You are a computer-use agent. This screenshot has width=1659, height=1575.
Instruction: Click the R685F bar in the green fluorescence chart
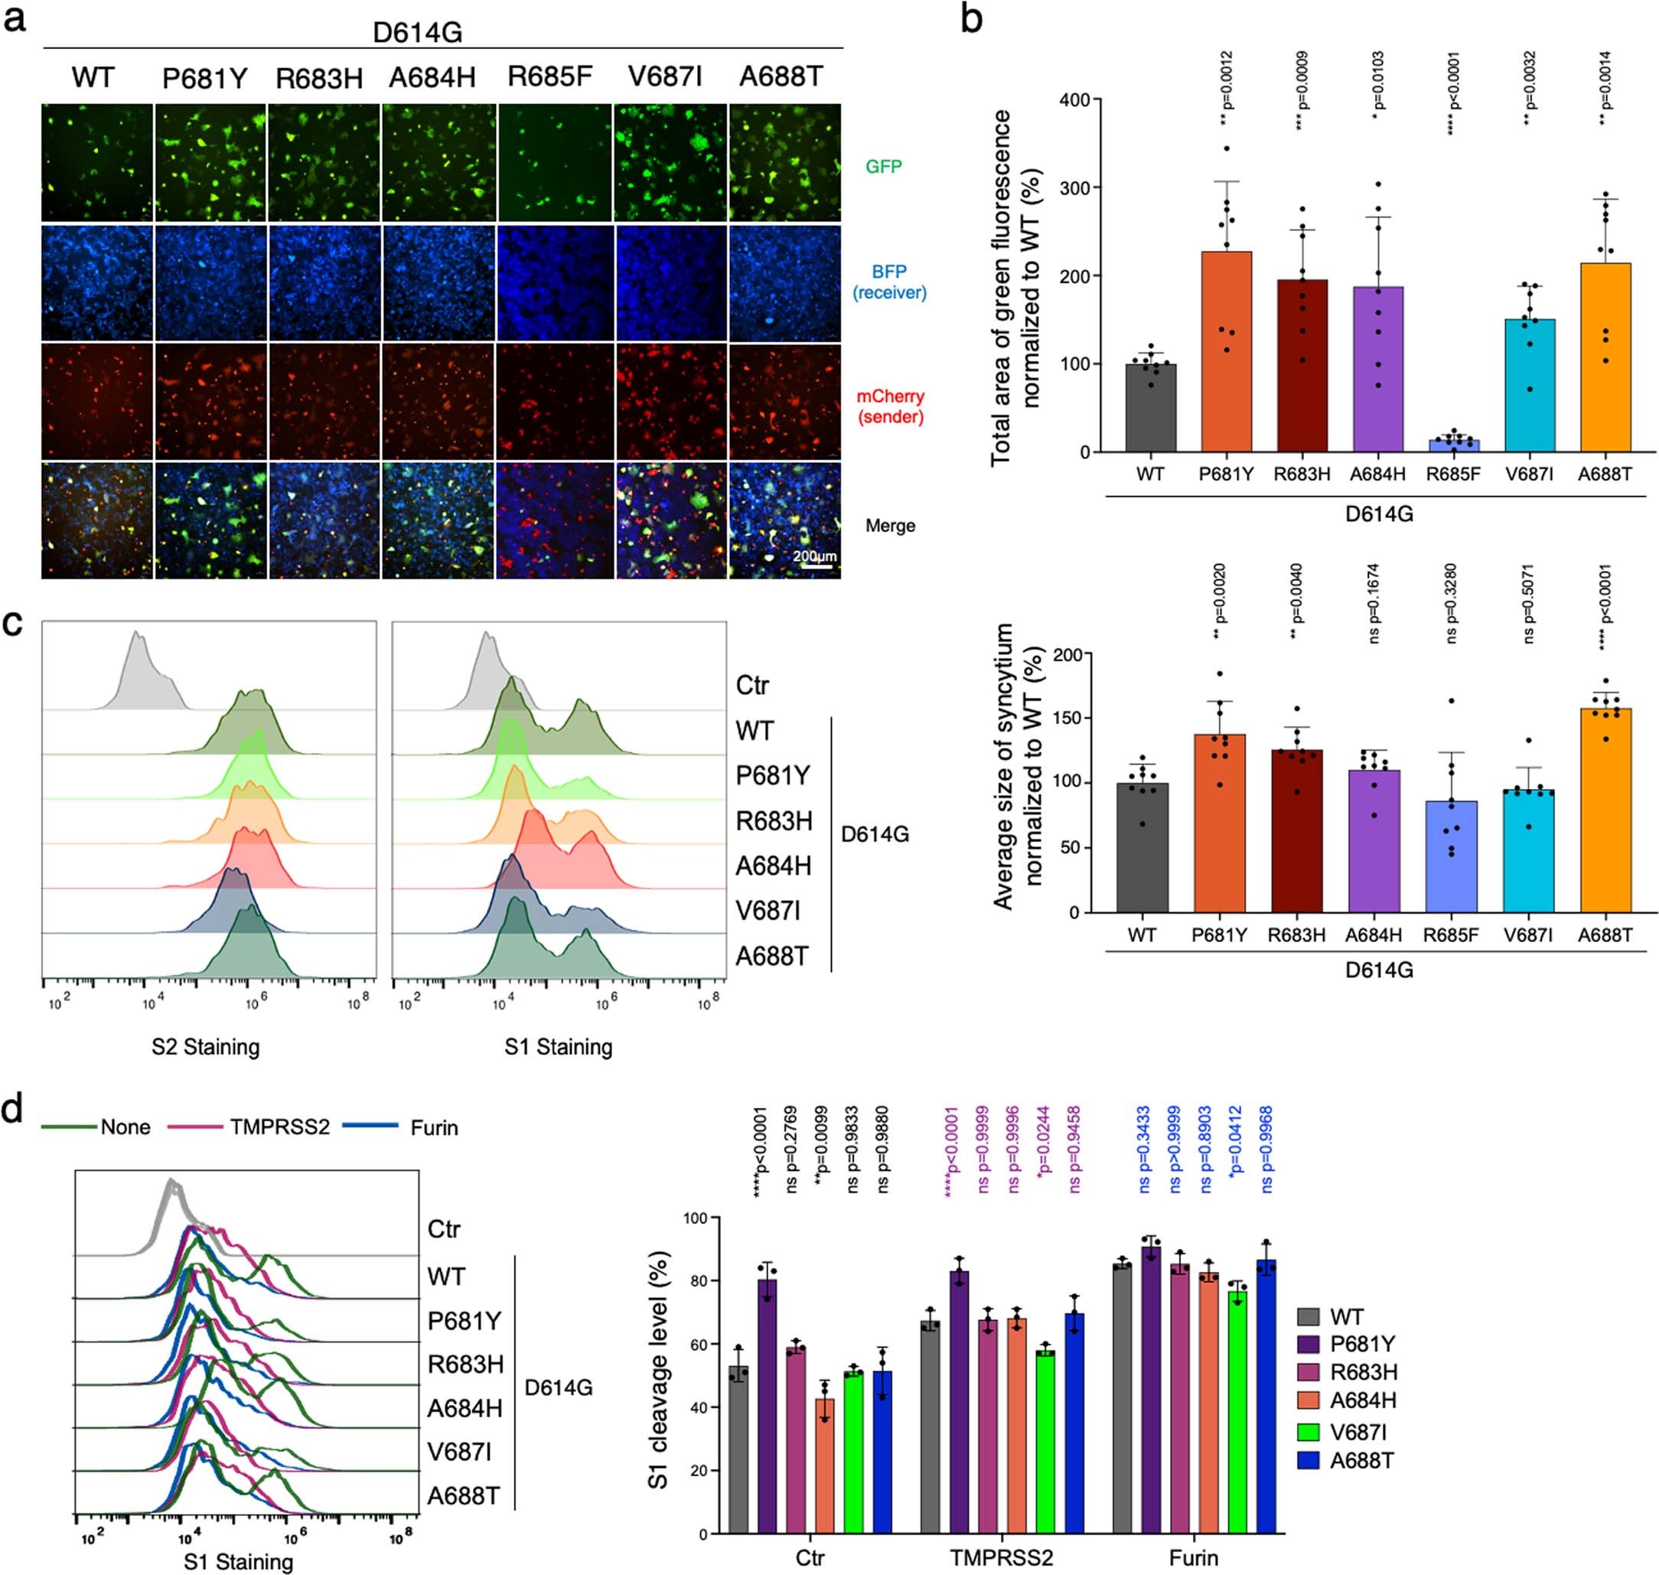click(x=1453, y=445)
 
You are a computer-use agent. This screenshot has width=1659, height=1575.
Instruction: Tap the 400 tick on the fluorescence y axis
click(x=1074, y=100)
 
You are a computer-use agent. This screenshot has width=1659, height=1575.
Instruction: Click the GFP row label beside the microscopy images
click(x=883, y=166)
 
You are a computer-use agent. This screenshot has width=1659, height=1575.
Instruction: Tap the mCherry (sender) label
click(x=890, y=406)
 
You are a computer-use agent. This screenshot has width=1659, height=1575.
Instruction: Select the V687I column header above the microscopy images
click(x=664, y=77)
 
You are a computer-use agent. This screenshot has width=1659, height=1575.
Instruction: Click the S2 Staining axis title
click(x=206, y=1046)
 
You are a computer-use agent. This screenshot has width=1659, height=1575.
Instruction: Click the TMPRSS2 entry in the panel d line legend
click(x=279, y=1127)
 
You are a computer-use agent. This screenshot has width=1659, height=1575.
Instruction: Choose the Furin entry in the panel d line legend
click(x=434, y=1127)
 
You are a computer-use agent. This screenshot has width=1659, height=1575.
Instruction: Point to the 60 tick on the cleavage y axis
click(x=697, y=1344)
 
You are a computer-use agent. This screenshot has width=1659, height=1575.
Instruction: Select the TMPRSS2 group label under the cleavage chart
click(x=1001, y=1557)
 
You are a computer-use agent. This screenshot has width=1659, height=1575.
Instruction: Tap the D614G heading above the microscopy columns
click(x=417, y=33)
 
